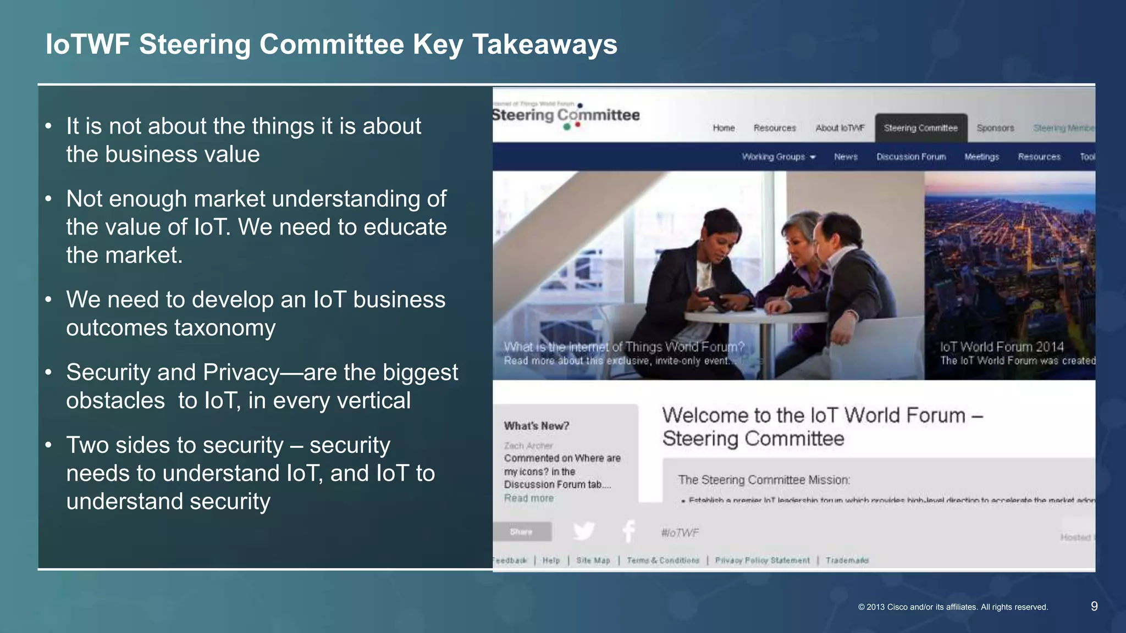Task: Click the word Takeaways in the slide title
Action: tap(545, 45)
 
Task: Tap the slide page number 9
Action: tap(1094, 606)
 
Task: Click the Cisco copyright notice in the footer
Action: tap(953, 607)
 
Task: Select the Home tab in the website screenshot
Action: tap(724, 128)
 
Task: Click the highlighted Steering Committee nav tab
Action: tap(920, 128)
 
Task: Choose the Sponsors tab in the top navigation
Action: tap(995, 128)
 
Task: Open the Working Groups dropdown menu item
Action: tap(778, 157)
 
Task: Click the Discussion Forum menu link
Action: tap(911, 157)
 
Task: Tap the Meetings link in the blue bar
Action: tap(981, 157)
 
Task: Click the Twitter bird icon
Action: tap(583, 531)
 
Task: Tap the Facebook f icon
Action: tap(628, 531)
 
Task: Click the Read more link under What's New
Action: tap(528, 498)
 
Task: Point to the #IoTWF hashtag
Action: tap(680, 533)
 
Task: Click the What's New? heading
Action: tap(536, 426)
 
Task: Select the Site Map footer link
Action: tap(593, 560)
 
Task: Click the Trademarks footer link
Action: tap(847, 560)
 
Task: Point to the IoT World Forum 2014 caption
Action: tap(1001, 347)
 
